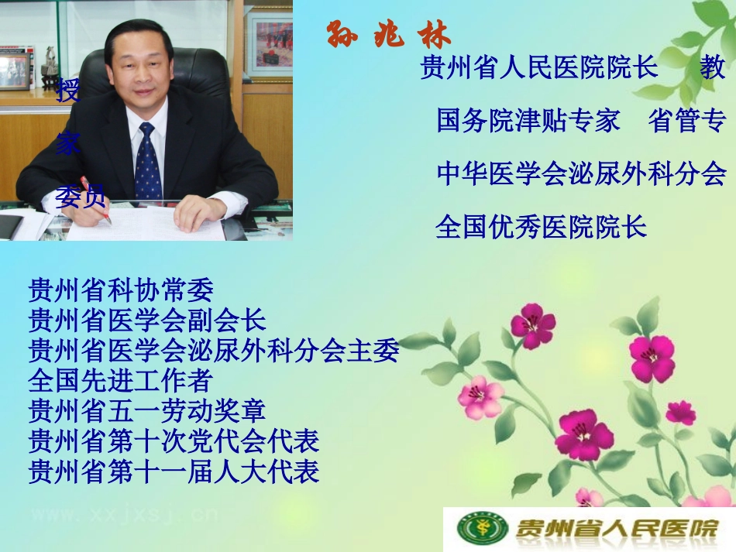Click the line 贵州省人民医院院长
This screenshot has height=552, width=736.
coord(539,68)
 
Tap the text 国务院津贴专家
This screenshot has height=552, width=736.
coord(528,121)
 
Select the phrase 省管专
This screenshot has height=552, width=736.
coord(687,121)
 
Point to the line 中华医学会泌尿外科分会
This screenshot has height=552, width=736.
coord(581,173)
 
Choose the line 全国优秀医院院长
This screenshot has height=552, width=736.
coord(541,226)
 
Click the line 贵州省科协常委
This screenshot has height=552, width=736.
coord(120,290)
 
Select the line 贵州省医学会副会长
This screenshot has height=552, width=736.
coord(147,321)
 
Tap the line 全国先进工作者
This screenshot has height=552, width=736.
coord(120,380)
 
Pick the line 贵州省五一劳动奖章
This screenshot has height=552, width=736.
coord(147,410)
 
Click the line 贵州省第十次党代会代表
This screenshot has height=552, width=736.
coord(174,441)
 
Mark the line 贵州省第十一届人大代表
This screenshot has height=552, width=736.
coord(174,471)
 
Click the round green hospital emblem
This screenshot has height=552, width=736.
coord(473,529)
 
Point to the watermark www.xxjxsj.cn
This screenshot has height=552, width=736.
coord(124,514)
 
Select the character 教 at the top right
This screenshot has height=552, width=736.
coord(713,68)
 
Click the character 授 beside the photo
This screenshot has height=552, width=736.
coord(68,91)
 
